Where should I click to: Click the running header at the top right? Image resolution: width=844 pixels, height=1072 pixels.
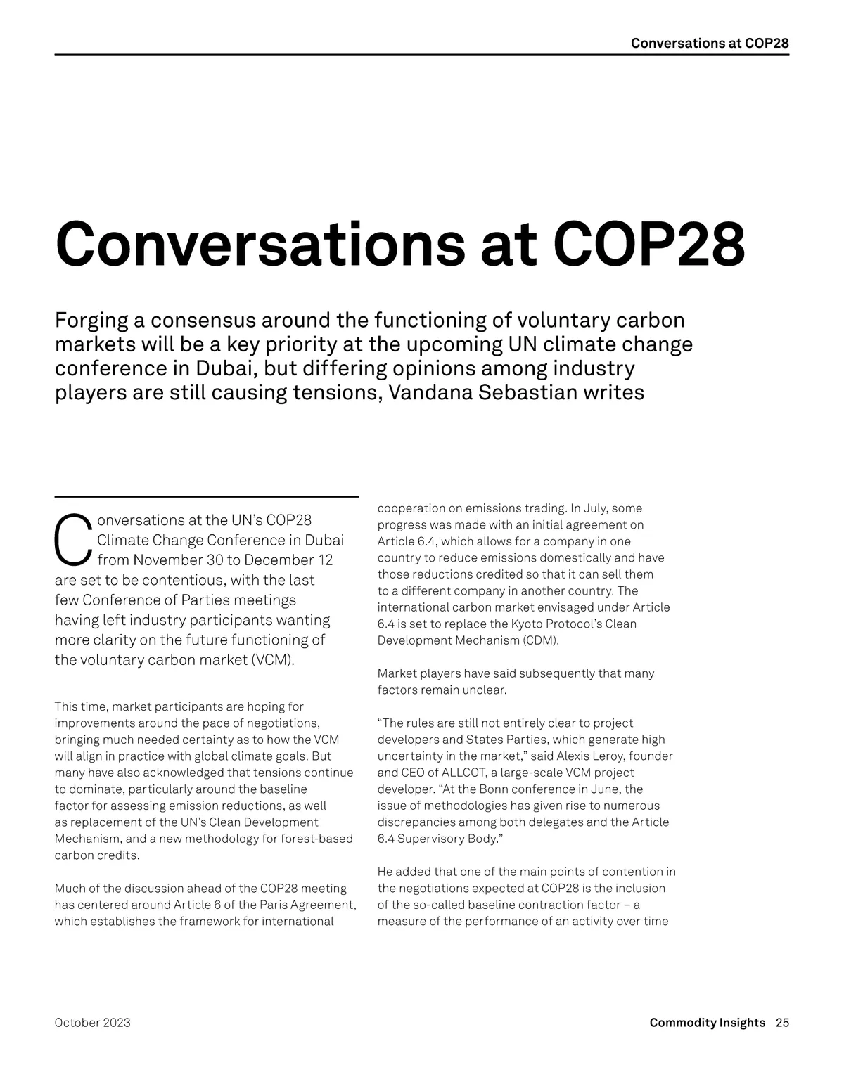(x=709, y=43)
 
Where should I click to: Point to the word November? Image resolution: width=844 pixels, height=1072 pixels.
(x=167, y=560)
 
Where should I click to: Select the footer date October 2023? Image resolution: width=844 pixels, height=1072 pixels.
(x=92, y=1022)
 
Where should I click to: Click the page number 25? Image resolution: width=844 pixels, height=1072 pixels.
(x=782, y=1022)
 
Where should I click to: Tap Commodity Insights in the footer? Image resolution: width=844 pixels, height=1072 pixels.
(x=707, y=1022)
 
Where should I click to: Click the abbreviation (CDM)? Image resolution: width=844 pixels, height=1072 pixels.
(x=539, y=640)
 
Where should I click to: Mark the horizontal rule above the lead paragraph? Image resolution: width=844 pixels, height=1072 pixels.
(x=206, y=497)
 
